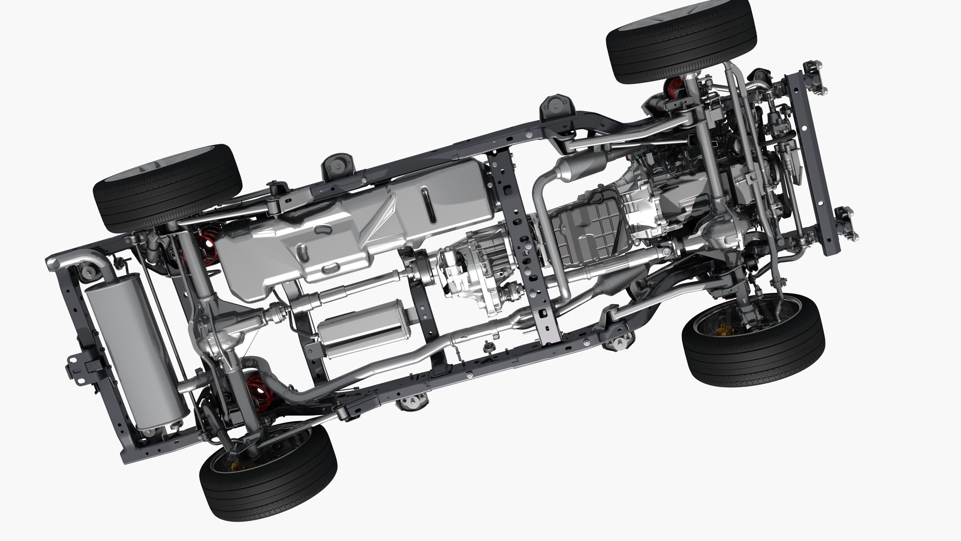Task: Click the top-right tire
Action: click(681, 41)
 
